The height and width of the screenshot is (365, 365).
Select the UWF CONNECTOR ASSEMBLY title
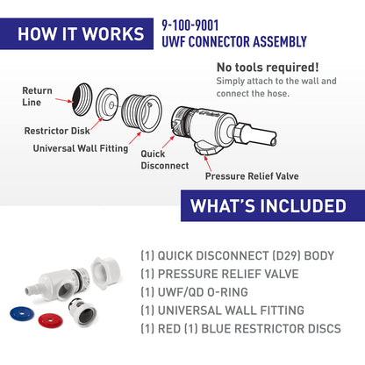tap(233, 41)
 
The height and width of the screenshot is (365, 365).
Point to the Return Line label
tap(37, 97)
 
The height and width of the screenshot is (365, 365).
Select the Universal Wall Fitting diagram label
tap(78, 147)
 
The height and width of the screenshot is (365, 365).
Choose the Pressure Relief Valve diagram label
tap(252, 175)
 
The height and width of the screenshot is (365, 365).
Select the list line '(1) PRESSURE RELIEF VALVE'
tap(219, 274)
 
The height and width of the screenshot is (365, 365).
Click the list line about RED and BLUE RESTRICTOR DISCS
tap(240, 328)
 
